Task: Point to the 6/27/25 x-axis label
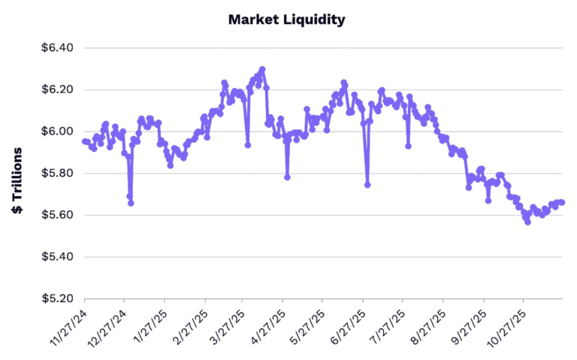point(349,325)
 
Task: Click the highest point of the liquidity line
point(262,69)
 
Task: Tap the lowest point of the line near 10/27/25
point(527,222)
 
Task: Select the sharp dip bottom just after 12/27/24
point(131,203)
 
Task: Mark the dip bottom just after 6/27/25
point(367,185)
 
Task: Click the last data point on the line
point(562,202)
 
